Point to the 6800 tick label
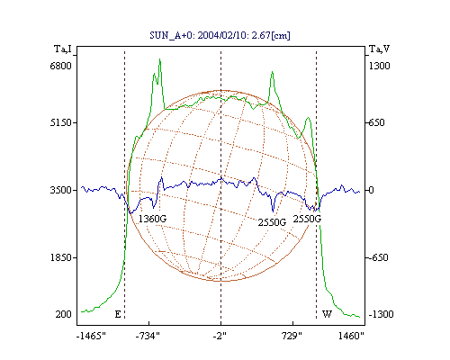[x=60, y=66]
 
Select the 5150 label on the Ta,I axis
[x=60, y=122]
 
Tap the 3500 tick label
[x=60, y=190]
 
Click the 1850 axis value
[x=60, y=257]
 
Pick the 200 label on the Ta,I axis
[x=63, y=314]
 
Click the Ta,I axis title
[x=63, y=49]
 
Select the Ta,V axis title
[x=379, y=49]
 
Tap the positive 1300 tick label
[x=379, y=66]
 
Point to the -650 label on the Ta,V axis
[x=379, y=257]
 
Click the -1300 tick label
[x=381, y=314]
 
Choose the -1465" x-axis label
[x=91, y=336]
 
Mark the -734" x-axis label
[x=148, y=336]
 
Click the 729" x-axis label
[x=292, y=336]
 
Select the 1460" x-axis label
[x=351, y=336]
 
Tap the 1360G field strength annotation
[x=152, y=219]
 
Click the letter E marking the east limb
[x=118, y=314]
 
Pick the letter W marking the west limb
[x=327, y=314]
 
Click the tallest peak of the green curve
[x=160, y=59]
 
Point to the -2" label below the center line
[x=220, y=336]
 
